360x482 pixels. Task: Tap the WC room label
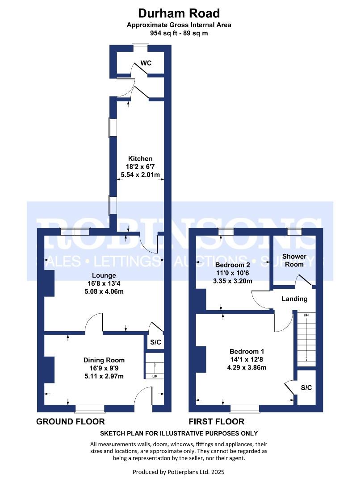click(x=146, y=63)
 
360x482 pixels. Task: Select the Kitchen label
click(x=140, y=158)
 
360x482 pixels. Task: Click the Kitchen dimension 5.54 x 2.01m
click(x=140, y=175)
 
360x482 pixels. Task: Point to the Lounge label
click(x=104, y=275)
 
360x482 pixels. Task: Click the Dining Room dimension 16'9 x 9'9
click(x=104, y=368)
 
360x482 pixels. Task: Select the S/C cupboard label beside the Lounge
click(x=155, y=342)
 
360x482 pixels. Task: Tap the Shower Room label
click(x=294, y=260)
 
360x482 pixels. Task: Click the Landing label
click(x=294, y=299)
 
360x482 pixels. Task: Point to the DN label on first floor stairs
click(x=306, y=315)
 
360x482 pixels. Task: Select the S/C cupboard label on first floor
click(x=306, y=387)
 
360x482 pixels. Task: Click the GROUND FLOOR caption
click(x=71, y=421)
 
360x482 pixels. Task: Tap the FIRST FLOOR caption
click(x=217, y=421)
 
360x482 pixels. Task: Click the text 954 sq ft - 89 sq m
click(x=179, y=33)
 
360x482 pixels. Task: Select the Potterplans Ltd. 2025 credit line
click(x=179, y=472)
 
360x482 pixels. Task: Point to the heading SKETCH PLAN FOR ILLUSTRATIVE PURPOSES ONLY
click(x=179, y=433)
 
